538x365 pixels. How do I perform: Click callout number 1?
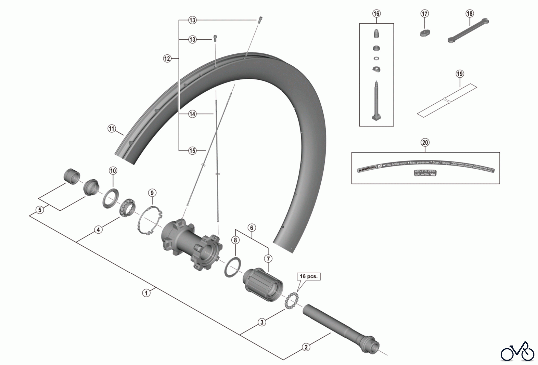tap(146, 293)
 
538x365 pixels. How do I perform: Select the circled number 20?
tap(425, 142)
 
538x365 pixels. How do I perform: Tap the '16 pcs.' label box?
tap(308, 276)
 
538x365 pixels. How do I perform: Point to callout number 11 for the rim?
tap(111, 129)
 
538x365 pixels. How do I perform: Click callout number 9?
tap(152, 193)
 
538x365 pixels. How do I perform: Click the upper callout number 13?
tap(192, 20)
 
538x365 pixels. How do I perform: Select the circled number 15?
tap(192, 151)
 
